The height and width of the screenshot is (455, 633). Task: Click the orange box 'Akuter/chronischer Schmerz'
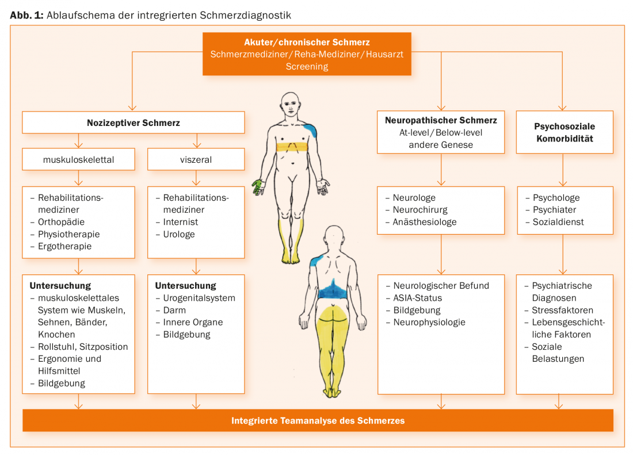(307, 54)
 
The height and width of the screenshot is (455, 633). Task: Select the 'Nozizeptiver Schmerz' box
(134, 123)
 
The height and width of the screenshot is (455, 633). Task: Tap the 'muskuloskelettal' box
(79, 160)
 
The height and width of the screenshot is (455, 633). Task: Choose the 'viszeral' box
(196, 160)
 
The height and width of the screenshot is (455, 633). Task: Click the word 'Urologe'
(179, 234)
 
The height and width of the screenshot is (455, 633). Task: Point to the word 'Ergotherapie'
(64, 246)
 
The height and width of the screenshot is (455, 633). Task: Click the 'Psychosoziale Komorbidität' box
(565, 132)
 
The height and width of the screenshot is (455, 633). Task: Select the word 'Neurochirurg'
(420, 210)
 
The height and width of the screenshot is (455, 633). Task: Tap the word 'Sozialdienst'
(558, 222)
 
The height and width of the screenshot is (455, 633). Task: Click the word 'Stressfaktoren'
(563, 310)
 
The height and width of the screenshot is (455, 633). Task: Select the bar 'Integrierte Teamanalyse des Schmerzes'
(318, 420)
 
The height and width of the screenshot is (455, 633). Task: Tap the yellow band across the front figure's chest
(292, 147)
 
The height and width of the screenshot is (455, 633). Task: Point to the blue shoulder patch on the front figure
(310, 130)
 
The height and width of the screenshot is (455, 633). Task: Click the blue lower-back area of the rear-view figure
(331, 290)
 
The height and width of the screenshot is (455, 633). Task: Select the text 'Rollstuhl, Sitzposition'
(83, 347)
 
